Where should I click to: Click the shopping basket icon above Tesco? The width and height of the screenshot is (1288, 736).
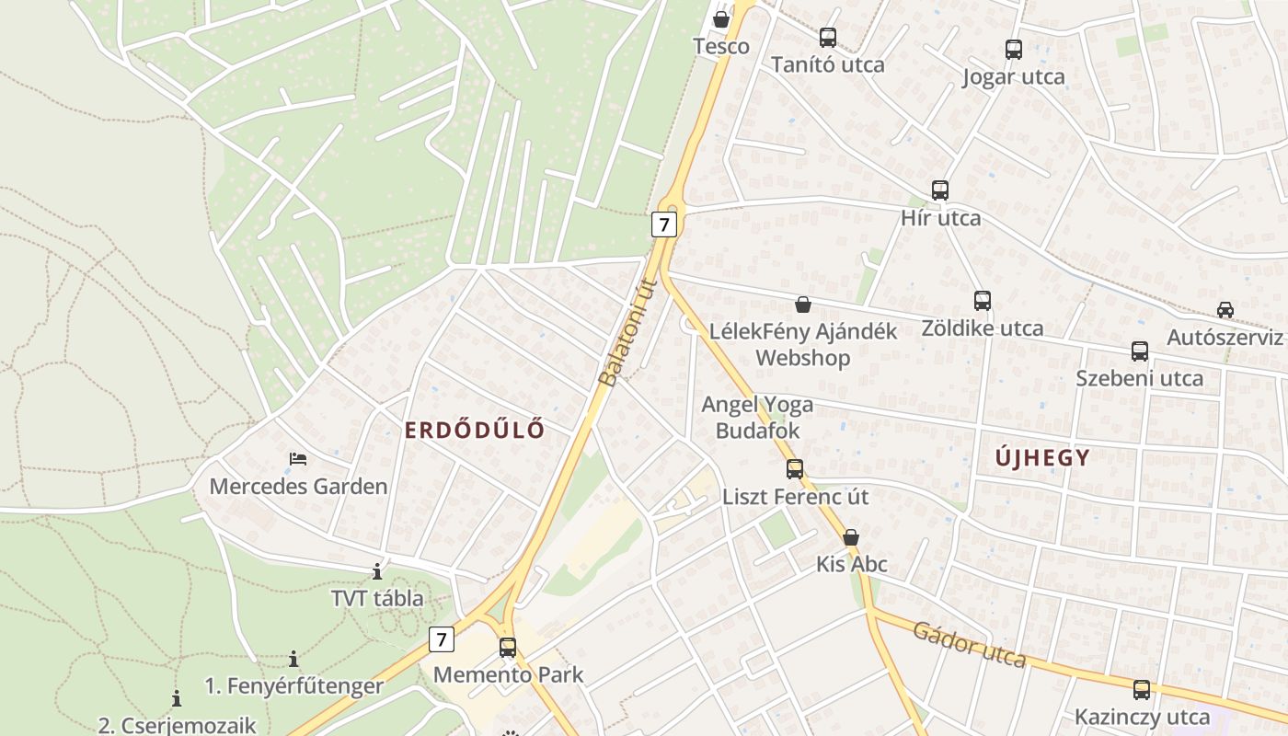pos(721,18)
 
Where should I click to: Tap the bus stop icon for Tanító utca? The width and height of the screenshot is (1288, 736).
pos(828,38)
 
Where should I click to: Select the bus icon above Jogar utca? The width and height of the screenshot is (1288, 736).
pos(1014,50)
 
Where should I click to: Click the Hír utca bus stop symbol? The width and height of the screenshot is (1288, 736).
pos(939,190)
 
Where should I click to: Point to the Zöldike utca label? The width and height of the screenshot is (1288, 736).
pos(983,328)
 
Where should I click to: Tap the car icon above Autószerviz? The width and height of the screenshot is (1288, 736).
pos(1225,309)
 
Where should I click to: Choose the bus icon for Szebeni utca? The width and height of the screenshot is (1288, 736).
pos(1140,351)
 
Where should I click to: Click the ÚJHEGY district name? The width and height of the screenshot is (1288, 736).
pos(1043,457)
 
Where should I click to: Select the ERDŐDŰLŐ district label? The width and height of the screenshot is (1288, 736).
pos(475,430)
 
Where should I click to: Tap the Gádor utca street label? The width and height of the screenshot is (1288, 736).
pos(969,644)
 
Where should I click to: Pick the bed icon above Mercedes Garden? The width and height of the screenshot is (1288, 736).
pos(298,458)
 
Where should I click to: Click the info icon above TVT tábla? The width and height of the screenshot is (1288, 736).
pos(377,571)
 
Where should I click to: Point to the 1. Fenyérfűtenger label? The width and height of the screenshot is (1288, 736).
pos(293,685)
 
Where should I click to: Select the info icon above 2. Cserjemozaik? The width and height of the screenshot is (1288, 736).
pos(177,698)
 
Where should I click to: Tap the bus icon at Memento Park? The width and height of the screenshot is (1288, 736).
pos(508,647)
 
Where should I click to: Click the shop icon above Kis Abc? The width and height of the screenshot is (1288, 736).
pos(851,536)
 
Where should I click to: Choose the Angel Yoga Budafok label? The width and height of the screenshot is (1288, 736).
pos(757,417)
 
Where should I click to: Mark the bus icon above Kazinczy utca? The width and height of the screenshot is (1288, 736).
pos(1142,689)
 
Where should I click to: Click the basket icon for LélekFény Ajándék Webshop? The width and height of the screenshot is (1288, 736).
pos(803,305)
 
